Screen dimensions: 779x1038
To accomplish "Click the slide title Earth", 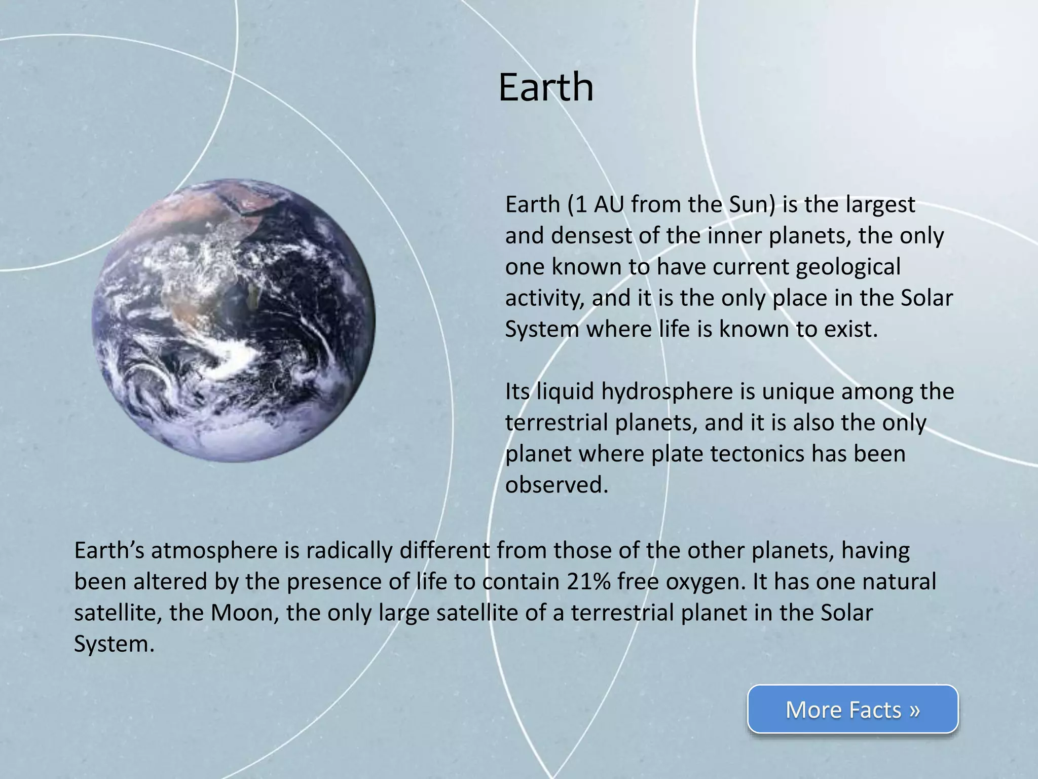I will [x=545, y=87].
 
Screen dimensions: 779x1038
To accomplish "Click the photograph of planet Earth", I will [x=233, y=321].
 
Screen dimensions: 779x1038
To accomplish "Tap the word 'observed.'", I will [x=556, y=485].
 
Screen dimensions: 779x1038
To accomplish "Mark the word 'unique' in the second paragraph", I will [x=791, y=392].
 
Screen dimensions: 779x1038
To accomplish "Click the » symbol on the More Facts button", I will [x=914, y=710].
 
